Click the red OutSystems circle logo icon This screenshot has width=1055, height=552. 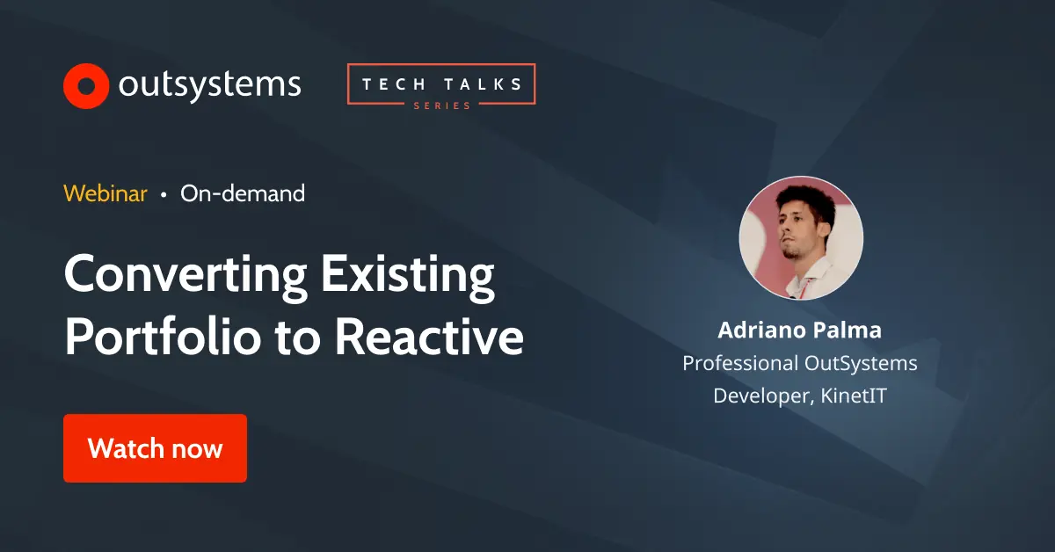point(85,85)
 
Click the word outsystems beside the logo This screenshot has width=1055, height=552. point(209,85)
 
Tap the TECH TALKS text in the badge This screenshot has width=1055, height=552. point(441,85)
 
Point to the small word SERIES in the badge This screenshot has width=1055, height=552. point(441,105)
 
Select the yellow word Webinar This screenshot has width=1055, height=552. point(105,193)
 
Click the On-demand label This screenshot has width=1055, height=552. point(243,193)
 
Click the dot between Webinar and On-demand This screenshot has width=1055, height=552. point(164,194)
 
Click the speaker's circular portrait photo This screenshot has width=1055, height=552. point(801,238)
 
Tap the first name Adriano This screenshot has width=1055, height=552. point(757,330)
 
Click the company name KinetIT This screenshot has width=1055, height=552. point(854,396)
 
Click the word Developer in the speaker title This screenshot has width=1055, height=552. point(761,396)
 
